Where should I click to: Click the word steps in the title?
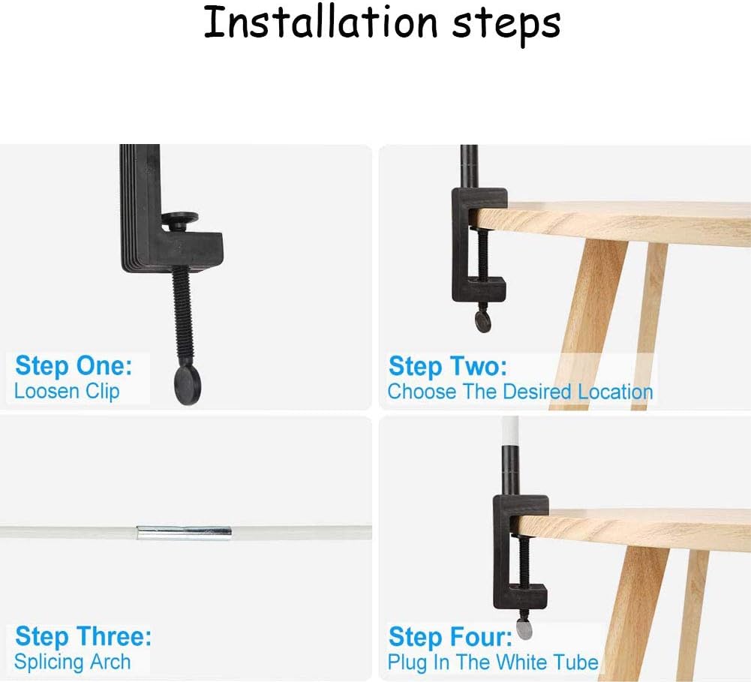coord(506,25)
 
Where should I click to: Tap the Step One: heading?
coord(74,366)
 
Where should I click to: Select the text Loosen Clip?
coord(67,392)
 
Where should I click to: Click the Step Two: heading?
coord(447,366)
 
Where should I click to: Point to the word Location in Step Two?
coord(615,392)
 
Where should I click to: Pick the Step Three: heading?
coord(83,636)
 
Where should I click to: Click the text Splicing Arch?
coord(72,662)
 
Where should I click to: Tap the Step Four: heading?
coord(450,637)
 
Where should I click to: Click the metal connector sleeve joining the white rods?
coord(184,532)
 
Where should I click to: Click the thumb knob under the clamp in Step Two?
coord(483,321)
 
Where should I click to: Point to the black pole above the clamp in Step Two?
coord(470,167)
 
